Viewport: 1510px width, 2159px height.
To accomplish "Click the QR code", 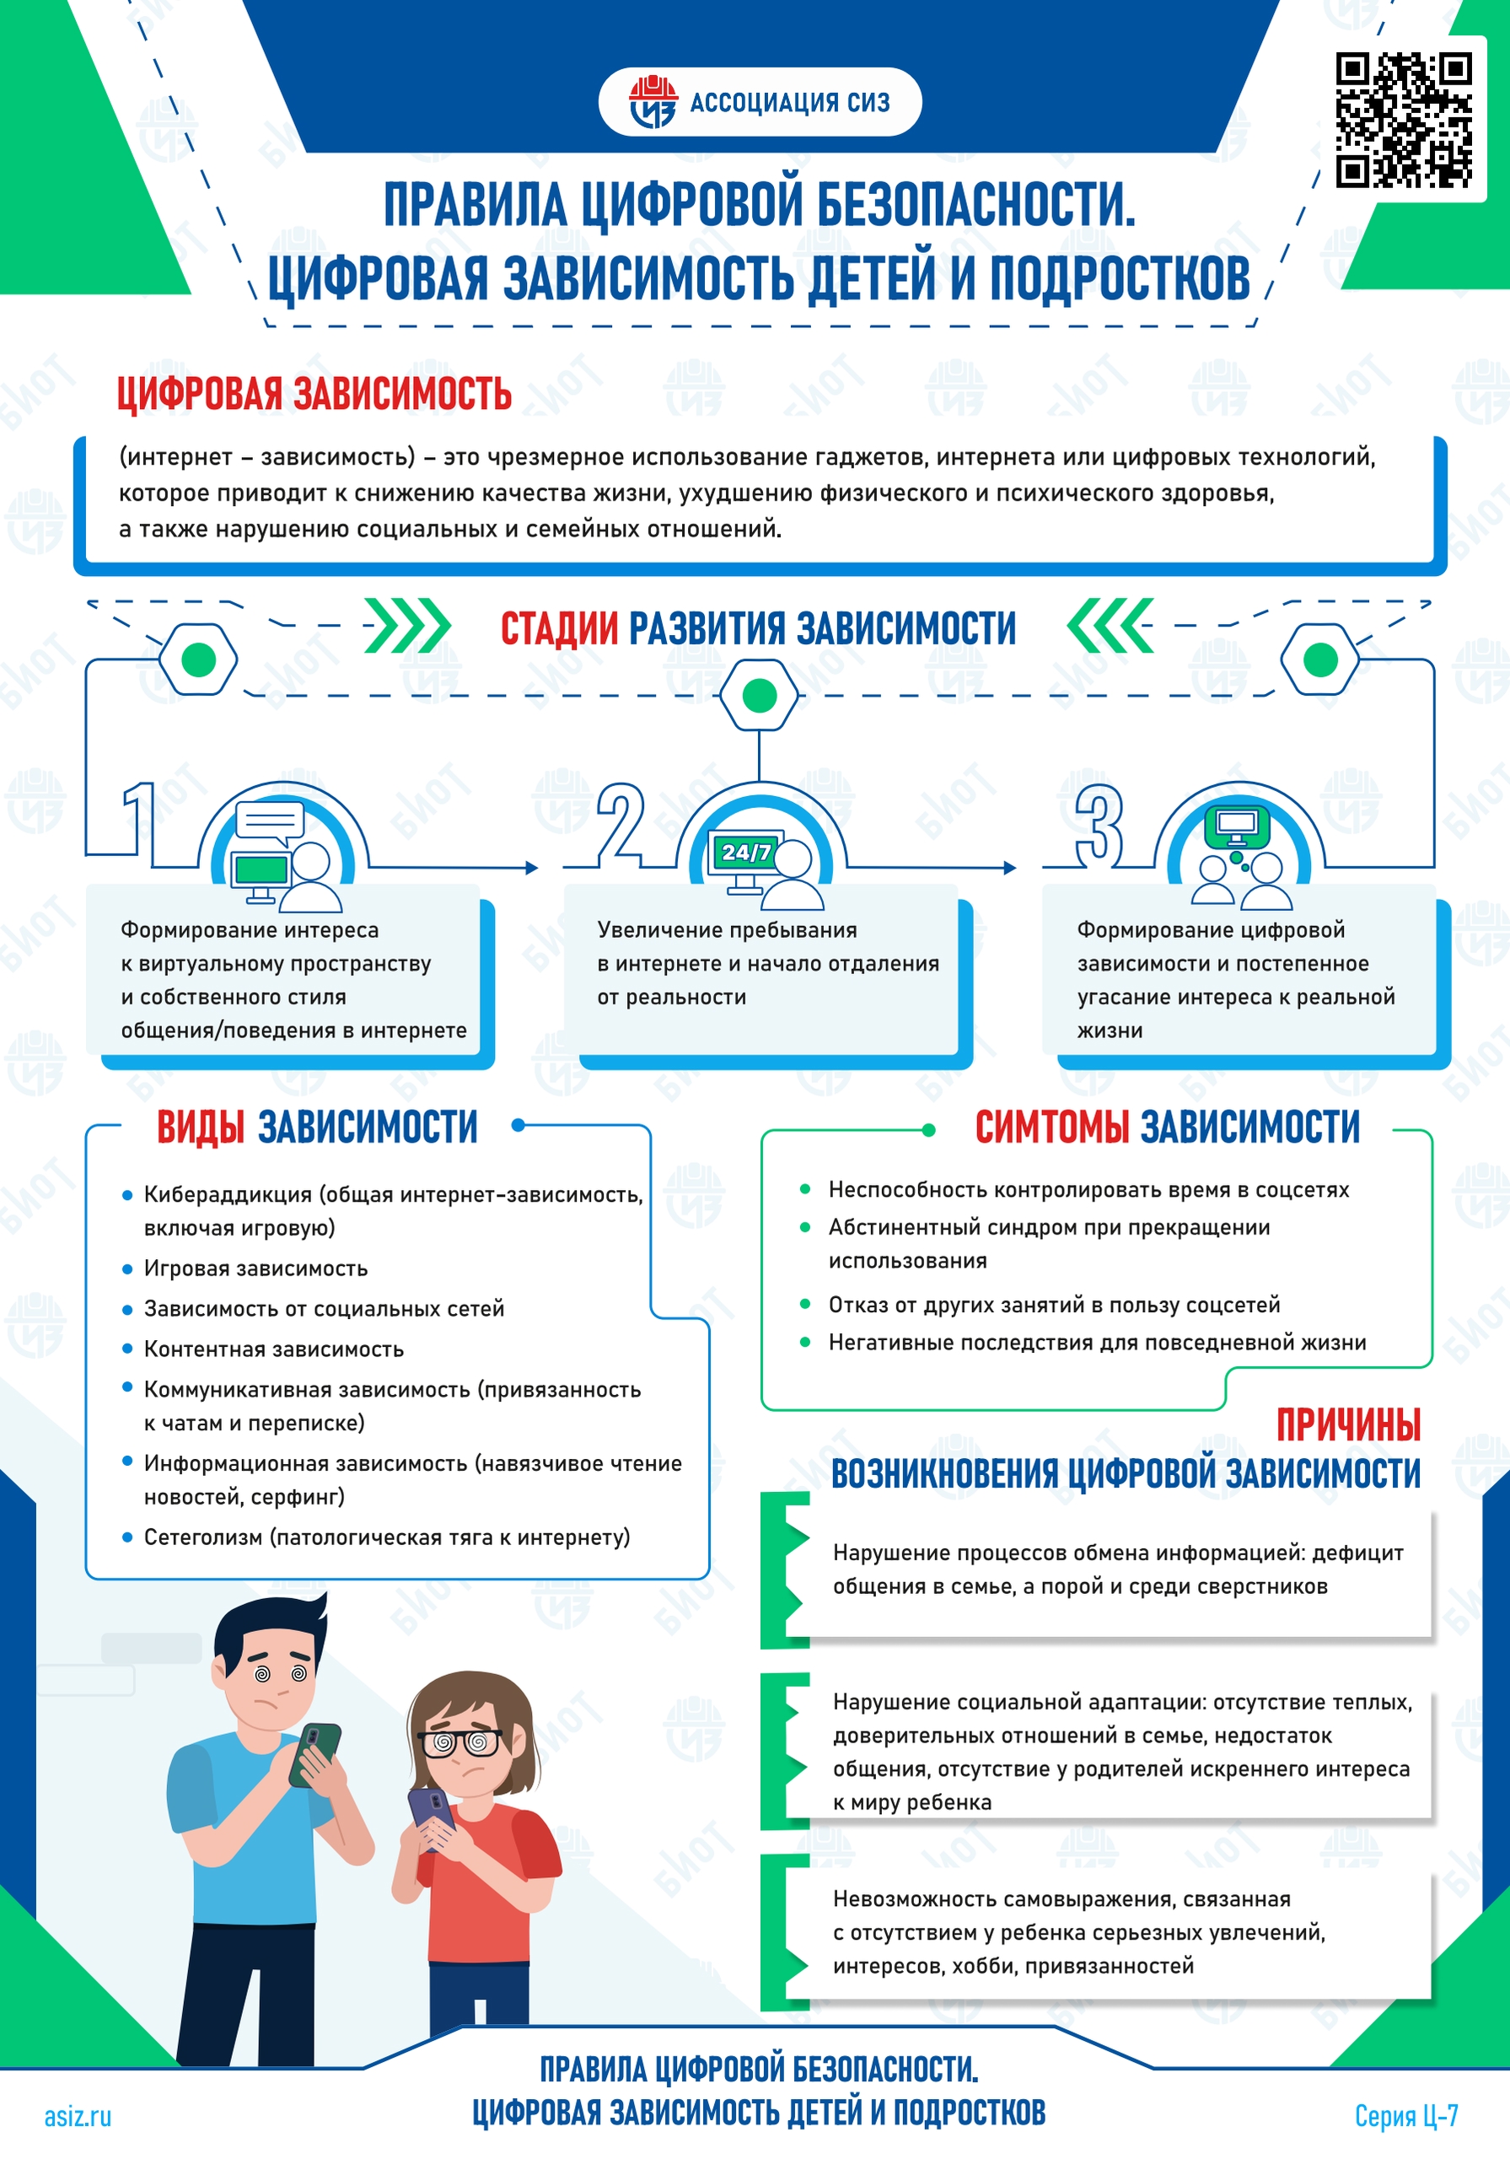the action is point(1404,120).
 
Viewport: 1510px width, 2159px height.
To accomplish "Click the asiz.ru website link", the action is point(78,2116).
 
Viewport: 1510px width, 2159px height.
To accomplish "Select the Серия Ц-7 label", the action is point(1405,2116).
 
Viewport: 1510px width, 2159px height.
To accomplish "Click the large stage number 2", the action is point(621,824).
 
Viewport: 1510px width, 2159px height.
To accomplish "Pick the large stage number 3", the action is point(1099,825).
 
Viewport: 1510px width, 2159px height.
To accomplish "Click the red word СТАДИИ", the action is point(560,628).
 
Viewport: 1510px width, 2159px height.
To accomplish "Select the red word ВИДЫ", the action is point(201,1127).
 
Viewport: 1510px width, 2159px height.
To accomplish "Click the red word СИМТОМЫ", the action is point(1052,1127).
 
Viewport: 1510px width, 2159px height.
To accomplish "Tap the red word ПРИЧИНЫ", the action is point(1348,1424).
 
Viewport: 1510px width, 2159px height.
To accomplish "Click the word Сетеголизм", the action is point(203,1537).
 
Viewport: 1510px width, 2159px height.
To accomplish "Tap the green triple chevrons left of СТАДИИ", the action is point(407,625).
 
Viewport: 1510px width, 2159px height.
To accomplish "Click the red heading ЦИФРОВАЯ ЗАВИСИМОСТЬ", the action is point(314,394).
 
